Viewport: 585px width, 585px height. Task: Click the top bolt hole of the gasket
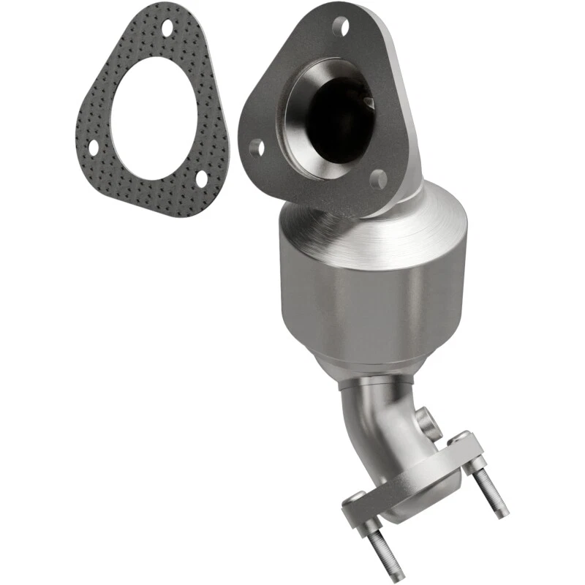[167, 29]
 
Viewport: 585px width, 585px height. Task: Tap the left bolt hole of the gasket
[94, 148]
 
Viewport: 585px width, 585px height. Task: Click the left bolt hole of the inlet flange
[256, 148]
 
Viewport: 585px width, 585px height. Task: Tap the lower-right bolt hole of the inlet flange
[378, 178]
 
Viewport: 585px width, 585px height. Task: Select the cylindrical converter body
[373, 300]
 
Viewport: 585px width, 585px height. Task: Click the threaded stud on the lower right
[491, 491]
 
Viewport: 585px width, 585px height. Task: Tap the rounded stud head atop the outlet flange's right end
[459, 439]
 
